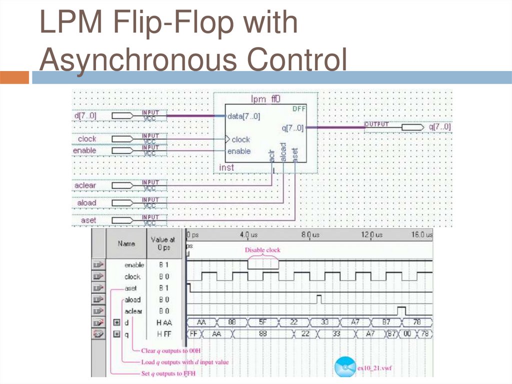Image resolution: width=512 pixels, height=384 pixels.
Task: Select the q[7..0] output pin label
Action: point(439,127)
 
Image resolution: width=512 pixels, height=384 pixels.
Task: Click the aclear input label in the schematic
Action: point(85,186)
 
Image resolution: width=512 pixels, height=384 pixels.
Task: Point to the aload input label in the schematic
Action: point(86,203)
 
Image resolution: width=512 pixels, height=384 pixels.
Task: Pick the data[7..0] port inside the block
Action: point(243,116)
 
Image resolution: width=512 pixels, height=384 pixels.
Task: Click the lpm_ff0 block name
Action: point(265,99)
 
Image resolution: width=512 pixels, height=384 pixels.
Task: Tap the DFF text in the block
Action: point(298,108)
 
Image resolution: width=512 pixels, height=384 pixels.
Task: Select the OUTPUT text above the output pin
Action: point(376,123)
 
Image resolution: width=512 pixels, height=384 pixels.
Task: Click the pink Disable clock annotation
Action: point(262,250)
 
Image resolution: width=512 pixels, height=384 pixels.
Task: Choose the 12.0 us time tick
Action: point(372,235)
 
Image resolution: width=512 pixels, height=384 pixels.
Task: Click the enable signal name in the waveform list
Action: point(133,265)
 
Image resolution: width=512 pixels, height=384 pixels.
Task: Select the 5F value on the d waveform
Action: point(263,322)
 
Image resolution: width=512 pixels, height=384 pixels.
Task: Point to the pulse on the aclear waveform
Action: point(401,310)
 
